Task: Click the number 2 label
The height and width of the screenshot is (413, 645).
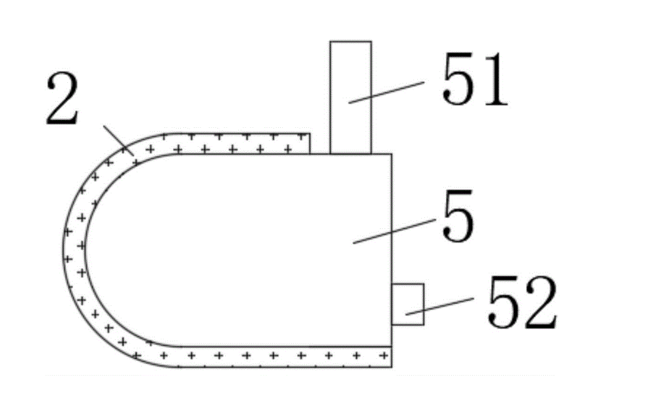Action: pyautogui.click(x=63, y=100)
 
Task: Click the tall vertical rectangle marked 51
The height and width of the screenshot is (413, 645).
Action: pyautogui.click(x=351, y=98)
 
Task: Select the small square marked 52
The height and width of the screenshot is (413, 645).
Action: pyautogui.click(x=407, y=304)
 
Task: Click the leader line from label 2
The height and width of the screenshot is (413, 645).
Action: pyautogui.click(x=118, y=139)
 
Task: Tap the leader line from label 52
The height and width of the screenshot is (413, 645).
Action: pyautogui.click(x=439, y=306)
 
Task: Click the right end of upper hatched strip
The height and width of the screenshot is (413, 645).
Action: pyautogui.click(x=309, y=143)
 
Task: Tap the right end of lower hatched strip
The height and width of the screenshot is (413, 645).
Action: pyautogui.click(x=391, y=356)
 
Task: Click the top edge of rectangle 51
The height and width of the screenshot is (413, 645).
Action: pyautogui.click(x=351, y=42)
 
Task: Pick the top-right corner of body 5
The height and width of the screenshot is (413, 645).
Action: pyautogui.click(x=392, y=154)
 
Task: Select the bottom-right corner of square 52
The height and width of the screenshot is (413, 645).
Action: pyautogui.click(x=424, y=324)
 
